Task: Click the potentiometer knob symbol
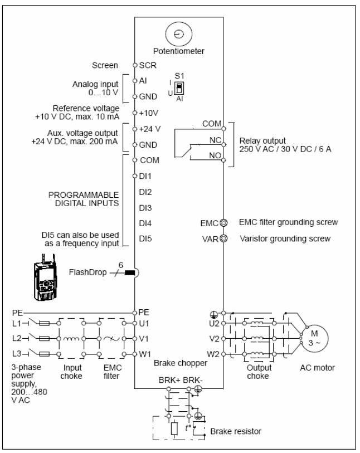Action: tap(179, 34)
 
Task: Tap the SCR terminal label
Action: tap(148, 65)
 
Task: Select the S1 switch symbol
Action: tap(179, 88)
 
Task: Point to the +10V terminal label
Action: tap(148, 113)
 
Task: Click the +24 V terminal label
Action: tap(150, 129)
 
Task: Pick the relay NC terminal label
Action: tap(215, 140)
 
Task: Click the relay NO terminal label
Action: tap(215, 155)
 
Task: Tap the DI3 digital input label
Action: tap(145, 208)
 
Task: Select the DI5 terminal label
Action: tap(145, 238)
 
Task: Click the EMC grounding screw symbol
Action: tap(223, 223)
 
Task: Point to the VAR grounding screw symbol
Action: tap(223, 238)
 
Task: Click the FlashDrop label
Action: tap(88, 272)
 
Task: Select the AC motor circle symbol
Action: tap(315, 338)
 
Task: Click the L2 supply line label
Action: tap(17, 338)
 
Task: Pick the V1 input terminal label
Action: tap(144, 338)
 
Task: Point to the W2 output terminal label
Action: tap(213, 354)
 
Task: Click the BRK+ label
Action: tap(169, 380)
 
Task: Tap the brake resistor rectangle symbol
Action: tap(174, 428)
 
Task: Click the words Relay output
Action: tap(262, 141)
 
